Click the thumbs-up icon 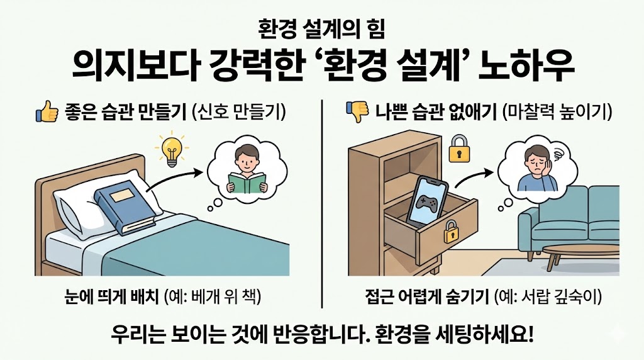(x=46, y=114)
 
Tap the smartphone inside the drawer (x=426, y=200)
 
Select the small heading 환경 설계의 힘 (x=321, y=28)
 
